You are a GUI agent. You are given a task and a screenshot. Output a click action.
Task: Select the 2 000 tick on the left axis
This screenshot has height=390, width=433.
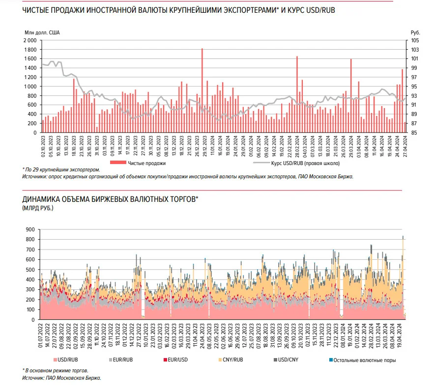click(x=30, y=41)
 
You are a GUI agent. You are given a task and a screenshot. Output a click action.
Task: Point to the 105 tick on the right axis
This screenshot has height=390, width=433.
click(x=415, y=41)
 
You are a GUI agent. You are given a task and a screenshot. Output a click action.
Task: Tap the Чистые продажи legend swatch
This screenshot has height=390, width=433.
click(x=118, y=163)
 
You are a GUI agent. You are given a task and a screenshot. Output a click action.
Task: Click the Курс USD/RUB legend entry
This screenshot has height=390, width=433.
click(x=297, y=163)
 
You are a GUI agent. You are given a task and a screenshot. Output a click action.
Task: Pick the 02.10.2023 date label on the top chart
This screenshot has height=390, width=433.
click(x=43, y=146)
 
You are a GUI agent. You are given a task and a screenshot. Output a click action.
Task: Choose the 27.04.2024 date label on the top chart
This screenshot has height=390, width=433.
click(x=405, y=146)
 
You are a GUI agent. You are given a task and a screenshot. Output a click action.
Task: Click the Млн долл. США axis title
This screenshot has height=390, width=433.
click(x=42, y=32)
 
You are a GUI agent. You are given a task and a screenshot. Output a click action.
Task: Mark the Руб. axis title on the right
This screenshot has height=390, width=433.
click(x=415, y=32)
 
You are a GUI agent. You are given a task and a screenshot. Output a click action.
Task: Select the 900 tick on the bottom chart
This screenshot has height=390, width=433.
click(x=30, y=230)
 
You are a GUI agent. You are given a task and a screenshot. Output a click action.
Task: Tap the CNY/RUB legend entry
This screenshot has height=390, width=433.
click(x=231, y=360)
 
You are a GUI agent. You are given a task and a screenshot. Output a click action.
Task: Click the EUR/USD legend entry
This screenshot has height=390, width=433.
click(x=175, y=360)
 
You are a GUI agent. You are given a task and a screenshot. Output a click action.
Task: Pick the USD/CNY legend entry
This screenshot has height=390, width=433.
click(x=286, y=360)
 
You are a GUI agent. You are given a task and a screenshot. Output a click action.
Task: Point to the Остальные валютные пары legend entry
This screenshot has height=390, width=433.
click(x=363, y=360)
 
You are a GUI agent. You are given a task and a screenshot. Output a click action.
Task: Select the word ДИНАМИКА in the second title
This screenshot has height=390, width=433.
click(x=41, y=199)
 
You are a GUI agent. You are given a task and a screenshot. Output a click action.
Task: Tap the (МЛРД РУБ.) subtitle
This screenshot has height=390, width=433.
click(x=38, y=208)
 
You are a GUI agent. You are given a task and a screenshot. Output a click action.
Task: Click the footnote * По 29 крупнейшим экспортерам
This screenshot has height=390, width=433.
click(x=61, y=170)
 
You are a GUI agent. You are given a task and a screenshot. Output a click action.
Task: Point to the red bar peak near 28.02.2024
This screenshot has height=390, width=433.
click(x=297, y=56)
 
